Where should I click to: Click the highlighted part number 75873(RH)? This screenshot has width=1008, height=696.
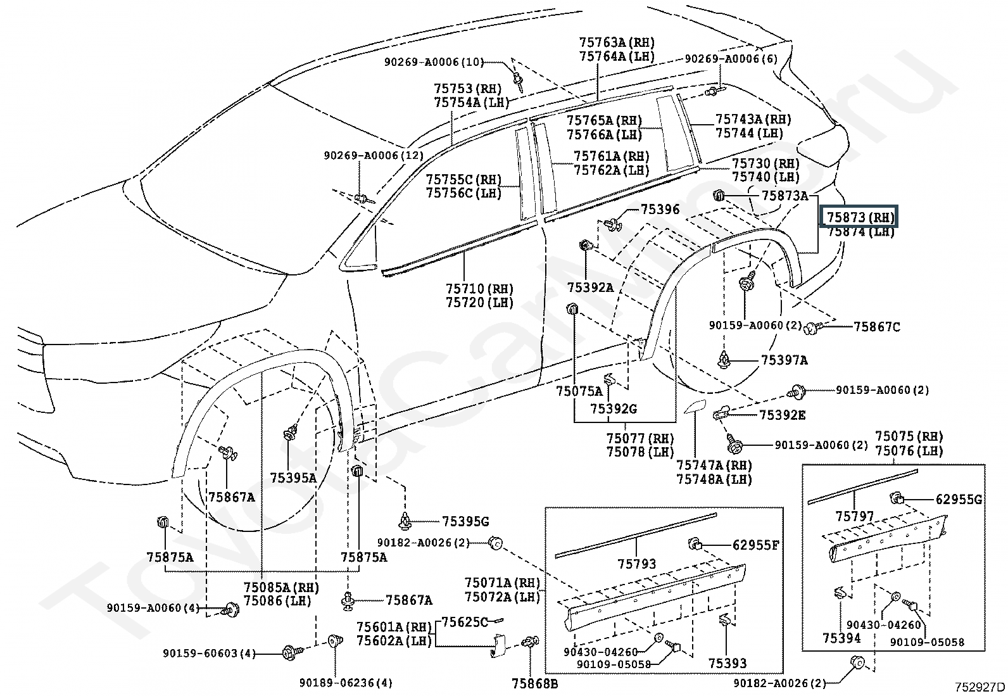tap(860, 217)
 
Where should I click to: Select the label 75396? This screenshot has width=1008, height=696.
tap(660, 210)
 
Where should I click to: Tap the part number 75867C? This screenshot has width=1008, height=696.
tap(876, 327)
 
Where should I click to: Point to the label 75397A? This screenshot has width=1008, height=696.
tap(784, 360)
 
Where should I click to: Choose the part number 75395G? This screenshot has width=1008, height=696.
tap(465, 521)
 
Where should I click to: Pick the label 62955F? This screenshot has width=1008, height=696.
tap(755, 544)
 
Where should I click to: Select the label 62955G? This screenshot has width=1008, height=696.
tap(959, 500)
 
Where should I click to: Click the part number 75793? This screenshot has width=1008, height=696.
tap(637, 564)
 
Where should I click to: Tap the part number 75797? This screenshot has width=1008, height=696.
tap(854, 516)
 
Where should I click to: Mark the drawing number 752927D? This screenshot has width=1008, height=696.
tap(980, 687)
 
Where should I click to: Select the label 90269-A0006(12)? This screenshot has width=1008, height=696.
tap(374, 155)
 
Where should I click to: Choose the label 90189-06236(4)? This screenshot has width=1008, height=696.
tap(346, 683)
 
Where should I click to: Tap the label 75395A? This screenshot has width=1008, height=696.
tap(293, 478)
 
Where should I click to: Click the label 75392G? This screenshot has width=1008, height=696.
tap(614, 409)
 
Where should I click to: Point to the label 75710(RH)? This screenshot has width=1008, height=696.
tap(479, 289)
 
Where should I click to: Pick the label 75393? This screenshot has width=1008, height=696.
tap(727, 663)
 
